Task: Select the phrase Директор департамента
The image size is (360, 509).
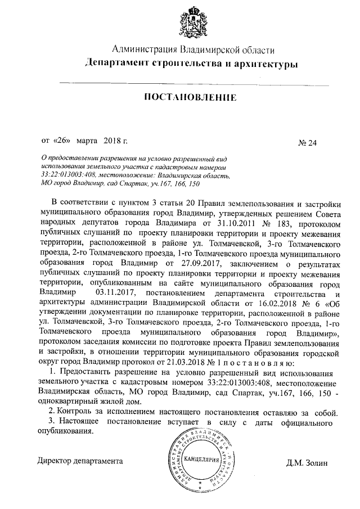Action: pos(79,460)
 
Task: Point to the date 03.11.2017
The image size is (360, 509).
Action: pos(116,293)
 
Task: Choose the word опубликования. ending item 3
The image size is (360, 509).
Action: pos(64,431)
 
